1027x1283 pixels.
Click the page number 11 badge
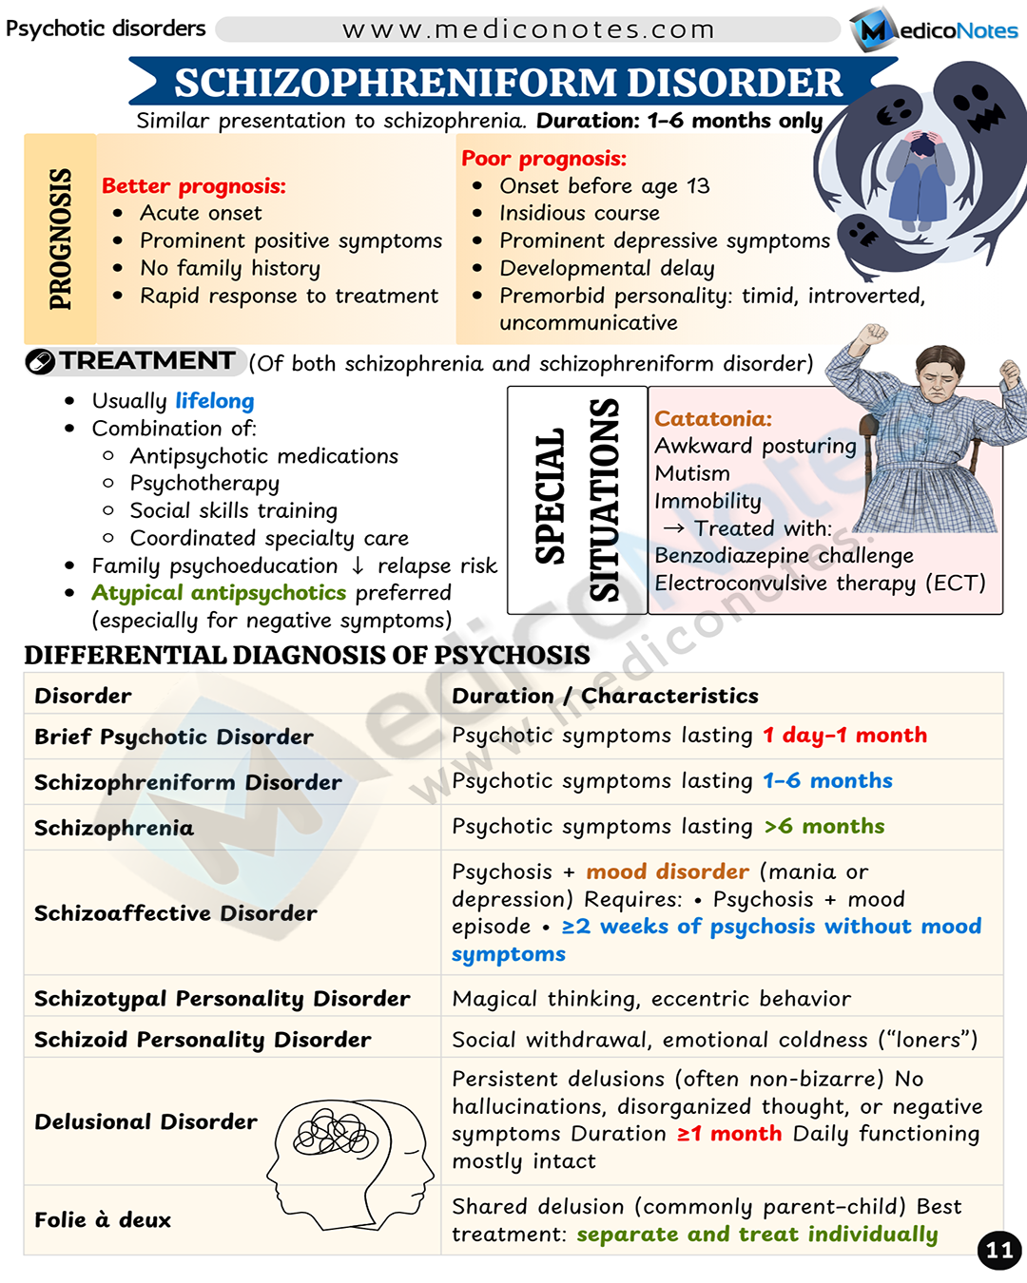(x=998, y=1250)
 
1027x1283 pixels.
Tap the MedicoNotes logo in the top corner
(x=935, y=29)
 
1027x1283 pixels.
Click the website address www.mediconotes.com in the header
(x=528, y=29)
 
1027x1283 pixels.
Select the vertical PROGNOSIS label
(x=60, y=239)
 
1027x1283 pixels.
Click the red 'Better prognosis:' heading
(x=194, y=186)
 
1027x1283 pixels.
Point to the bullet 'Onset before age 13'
(x=604, y=186)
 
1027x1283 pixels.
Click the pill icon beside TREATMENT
(x=40, y=362)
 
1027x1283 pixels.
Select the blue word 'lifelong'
(x=215, y=401)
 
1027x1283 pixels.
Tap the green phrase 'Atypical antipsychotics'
(x=219, y=593)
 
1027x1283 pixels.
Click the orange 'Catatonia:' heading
(x=713, y=419)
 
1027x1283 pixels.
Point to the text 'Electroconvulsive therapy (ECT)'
(x=820, y=583)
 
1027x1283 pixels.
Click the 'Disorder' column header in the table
(x=84, y=696)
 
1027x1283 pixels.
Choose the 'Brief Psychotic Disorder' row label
(x=174, y=737)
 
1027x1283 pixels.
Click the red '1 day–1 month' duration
(x=844, y=735)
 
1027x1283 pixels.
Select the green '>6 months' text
(x=824, y=826)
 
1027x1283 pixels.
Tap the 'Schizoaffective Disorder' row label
(x=176, y=913)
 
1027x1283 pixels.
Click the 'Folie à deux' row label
(x=103, y=1220)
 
